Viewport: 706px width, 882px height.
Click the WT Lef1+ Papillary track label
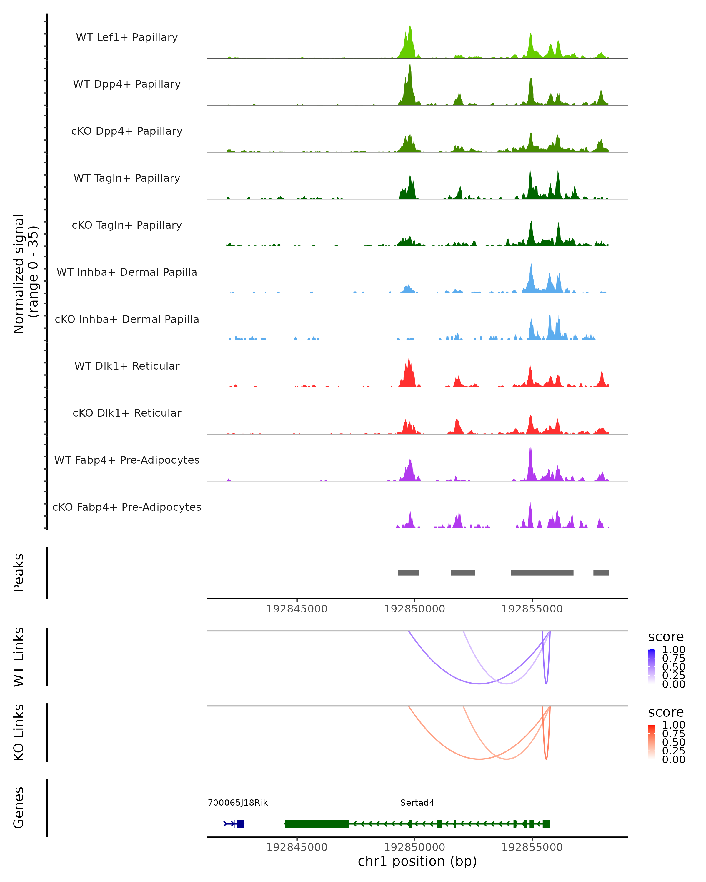click(x=127, y=37)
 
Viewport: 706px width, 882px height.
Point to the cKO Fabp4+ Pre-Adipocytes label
click(x=127, y=507)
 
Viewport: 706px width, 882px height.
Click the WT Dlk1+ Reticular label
click(x=127, y=366)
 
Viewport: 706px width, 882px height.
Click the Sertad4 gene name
click(x=417, y=803)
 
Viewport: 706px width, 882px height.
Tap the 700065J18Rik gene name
click(x=238, y=803)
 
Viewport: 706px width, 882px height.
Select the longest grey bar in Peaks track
click(x=542, y=573)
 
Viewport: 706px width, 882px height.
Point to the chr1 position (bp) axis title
click(x=417, y=861)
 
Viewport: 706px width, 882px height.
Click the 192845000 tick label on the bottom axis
click(x=297, y=847)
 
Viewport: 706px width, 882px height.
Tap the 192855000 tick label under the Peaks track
click(x=532, y=609)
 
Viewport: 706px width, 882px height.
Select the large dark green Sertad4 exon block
click(x=317, y=823)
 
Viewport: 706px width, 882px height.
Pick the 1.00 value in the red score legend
click(x=673, y=725)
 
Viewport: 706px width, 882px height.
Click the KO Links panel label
click(x=19, y=733)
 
